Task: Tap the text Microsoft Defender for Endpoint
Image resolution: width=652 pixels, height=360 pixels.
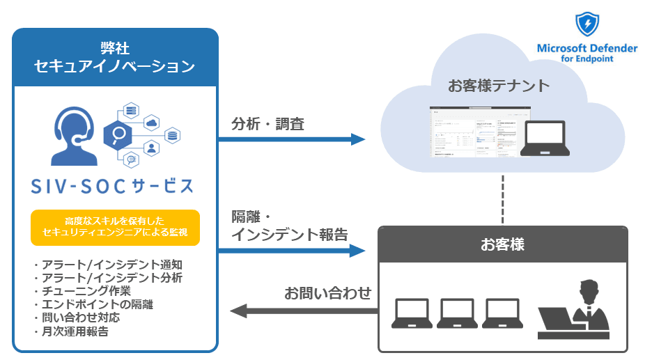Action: [587, 54]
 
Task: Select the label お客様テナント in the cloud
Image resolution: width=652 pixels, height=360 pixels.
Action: [499, 86]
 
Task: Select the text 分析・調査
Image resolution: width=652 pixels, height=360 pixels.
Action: [268, 124]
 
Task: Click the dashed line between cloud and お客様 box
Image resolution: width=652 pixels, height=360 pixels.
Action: [502, 199]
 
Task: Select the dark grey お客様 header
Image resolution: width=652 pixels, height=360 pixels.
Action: [502, 244]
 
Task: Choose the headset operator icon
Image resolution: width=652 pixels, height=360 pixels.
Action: [73, 136]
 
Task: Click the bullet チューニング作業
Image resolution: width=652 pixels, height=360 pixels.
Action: [81, 290]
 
